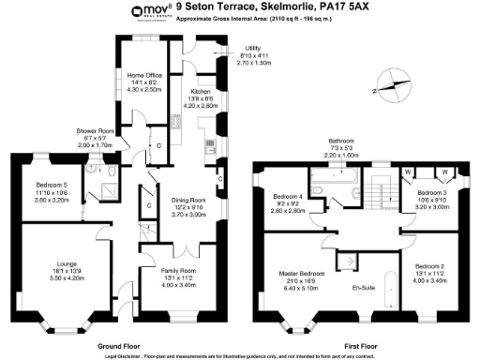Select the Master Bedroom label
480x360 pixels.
(x=301, y=275)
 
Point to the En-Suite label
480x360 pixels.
(x=363, y=287)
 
